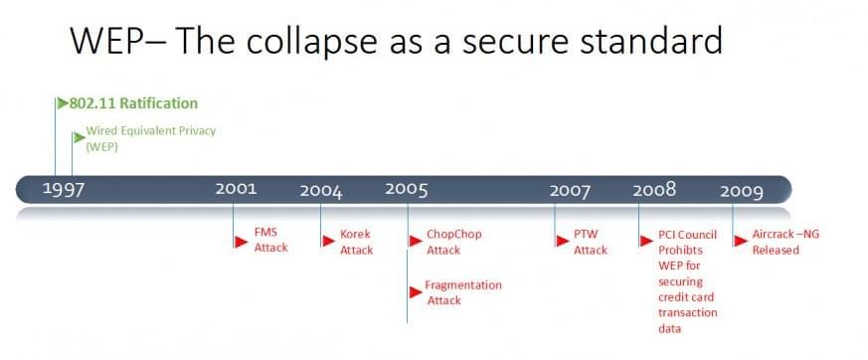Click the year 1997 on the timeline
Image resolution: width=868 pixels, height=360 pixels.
coord(64,189)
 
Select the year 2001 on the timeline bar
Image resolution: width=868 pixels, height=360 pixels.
coord(237,188)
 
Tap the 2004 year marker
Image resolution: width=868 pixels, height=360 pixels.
coord(321,191)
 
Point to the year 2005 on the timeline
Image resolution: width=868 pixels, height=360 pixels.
coord(407,189)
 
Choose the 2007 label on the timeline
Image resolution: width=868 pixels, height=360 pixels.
coord(570,191)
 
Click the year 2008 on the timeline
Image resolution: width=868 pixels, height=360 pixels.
coord(654,190)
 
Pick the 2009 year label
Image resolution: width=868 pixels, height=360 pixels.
coord(742,192)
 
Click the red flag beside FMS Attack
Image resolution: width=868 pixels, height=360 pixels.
coord(241,242)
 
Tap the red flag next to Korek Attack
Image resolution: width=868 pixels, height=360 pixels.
coord(329,241)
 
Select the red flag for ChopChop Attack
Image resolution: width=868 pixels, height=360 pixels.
coord(416,241)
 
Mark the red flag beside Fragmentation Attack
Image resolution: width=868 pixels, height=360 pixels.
coord(416,292)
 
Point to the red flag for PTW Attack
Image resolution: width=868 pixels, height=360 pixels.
coord(563,241)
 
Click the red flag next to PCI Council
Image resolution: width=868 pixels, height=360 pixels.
coord(646,241)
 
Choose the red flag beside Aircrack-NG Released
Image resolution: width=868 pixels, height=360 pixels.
coord(741,241)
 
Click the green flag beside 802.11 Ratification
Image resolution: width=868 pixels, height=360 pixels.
coord(63,103)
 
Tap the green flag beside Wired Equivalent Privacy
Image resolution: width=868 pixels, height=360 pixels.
coord(80,137)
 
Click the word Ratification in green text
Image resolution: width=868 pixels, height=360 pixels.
coord(159,103)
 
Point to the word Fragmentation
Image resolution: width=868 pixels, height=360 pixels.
coord(463,285)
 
